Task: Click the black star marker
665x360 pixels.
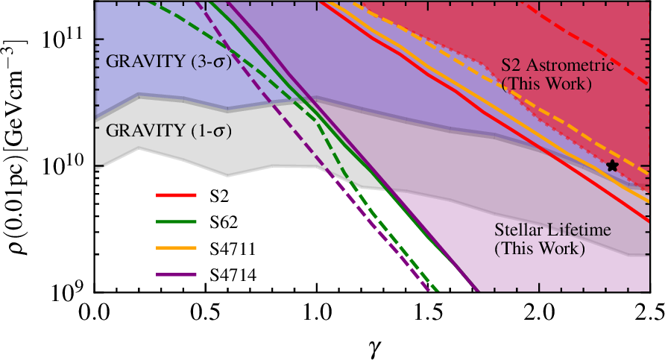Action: (x=613, y=165)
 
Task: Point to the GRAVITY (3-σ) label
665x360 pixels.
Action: (x=167, y=61)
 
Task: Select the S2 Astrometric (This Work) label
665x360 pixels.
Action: (x=557, y=74)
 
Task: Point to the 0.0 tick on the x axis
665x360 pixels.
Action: (x=95, y=308)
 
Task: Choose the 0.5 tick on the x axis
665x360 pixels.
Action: (x=206, y=308)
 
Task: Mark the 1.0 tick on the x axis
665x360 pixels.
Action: (x=317, y=308)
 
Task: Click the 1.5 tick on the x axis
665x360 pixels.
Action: (x=428, y=308)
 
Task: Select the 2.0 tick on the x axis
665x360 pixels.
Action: (x=539, y=308)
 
